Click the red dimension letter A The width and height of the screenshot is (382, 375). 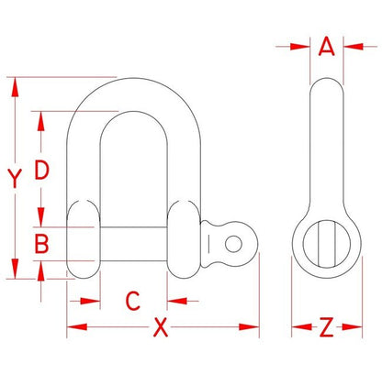pos(326,47)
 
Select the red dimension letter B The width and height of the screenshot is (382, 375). pos(41,244)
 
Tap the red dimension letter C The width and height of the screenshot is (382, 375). pos(133,301)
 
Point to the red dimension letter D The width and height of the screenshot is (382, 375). pos(41,170)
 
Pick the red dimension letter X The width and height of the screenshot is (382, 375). pos(161,327)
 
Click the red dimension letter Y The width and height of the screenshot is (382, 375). pos(15,178)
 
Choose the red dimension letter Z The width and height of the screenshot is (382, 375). pos(326,327)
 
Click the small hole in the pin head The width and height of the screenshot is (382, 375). pos(233,244)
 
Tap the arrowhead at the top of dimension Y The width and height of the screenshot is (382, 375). pos(15,87)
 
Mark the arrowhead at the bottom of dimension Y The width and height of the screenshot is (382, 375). pos(15,269)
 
